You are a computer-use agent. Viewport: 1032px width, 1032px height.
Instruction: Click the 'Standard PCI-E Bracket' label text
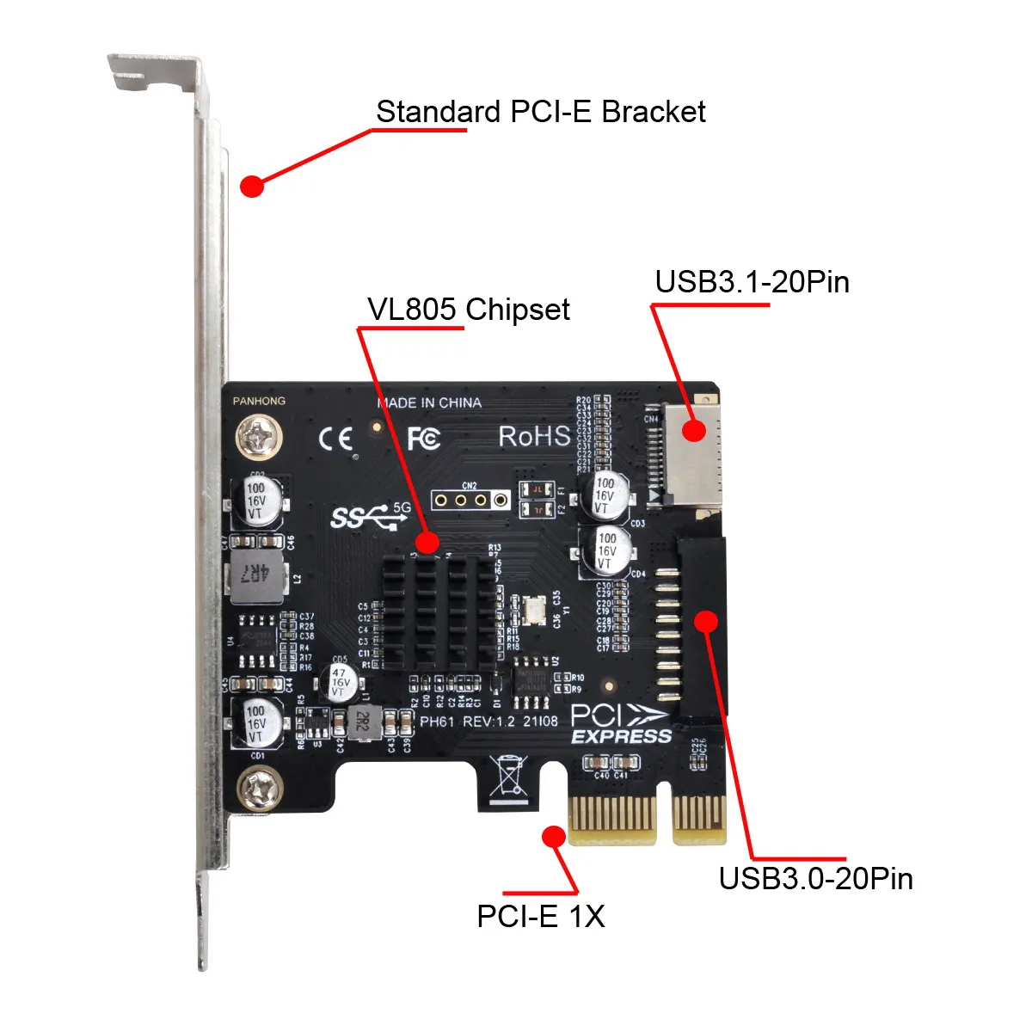pyautogui.click(x=540, y=112)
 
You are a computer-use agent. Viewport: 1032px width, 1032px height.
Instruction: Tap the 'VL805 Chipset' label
pyautogui.click(x=468, y=310)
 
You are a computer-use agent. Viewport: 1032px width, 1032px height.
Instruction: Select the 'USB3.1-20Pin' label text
pyautogui.click(x=752, y=282)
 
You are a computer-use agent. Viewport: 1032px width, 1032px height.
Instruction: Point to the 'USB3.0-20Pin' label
pyautogui.click(x=815, y=879)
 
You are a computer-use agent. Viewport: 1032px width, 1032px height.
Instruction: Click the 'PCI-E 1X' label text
pyautogui.click(x=540, y=917)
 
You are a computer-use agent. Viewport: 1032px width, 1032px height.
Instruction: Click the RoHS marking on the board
pyautogui.click(x=534, y=436)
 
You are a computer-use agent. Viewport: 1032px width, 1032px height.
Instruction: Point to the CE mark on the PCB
pyautogui.click(x=335, y=439)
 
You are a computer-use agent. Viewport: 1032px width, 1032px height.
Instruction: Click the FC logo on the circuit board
pyautogui.click(x=423, y=439)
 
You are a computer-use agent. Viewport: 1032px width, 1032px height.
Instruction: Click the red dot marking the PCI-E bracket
pyautogui.click(x=251, y=186)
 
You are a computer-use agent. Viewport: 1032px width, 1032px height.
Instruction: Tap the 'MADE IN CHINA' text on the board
pyautogui.click(x=429, y=402)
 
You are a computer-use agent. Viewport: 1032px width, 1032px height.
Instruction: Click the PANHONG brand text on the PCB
pyautogui.click(x=259, y=401)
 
